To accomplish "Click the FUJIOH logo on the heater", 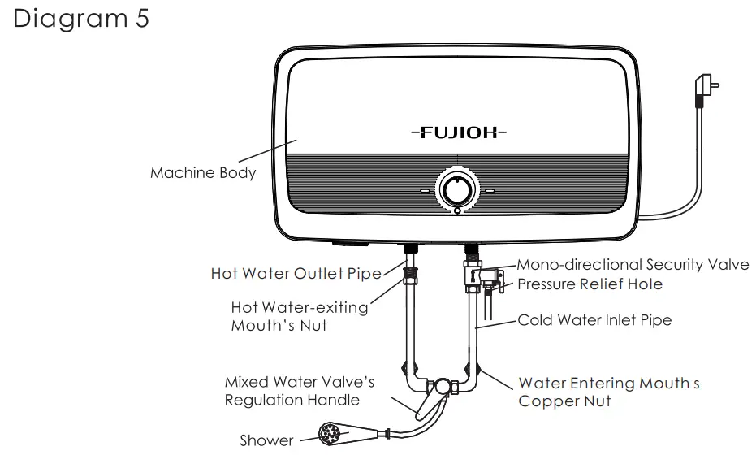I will point(458,131).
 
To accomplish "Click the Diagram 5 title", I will point(81,19).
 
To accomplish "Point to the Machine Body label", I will point(203,173).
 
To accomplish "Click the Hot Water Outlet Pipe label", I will point(296,274).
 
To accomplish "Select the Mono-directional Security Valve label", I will point(633,265).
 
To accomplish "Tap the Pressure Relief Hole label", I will point(590,284).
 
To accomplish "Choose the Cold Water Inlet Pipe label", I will point(594,320).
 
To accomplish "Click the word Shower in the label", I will point(266,440).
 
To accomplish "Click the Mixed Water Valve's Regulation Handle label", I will point(300,391).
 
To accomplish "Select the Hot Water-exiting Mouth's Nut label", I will point(300,317).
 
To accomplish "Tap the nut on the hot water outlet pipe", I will point(410,271).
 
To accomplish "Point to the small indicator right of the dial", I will point(490,192).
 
